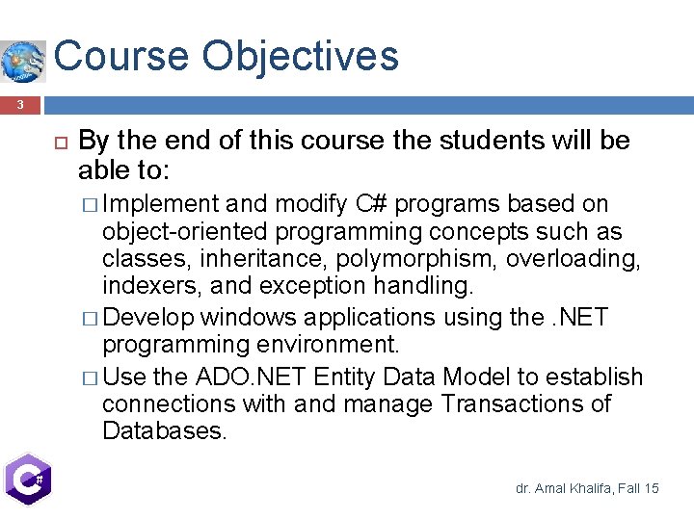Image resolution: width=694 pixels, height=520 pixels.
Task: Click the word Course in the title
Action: click(121, 56)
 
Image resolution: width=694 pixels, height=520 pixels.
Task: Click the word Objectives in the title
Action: click(300, 56)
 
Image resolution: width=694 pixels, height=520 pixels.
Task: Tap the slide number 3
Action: click(18, 104)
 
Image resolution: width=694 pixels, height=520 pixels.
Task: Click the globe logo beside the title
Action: click(23, 61)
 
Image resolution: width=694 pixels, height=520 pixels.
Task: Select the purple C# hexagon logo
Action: click(27, 479)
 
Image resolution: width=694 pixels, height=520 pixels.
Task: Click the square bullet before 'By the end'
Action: click(57, 143)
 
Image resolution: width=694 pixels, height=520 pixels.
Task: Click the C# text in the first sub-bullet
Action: click(371, 204)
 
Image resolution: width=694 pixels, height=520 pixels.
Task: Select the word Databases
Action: click(164, 431)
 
